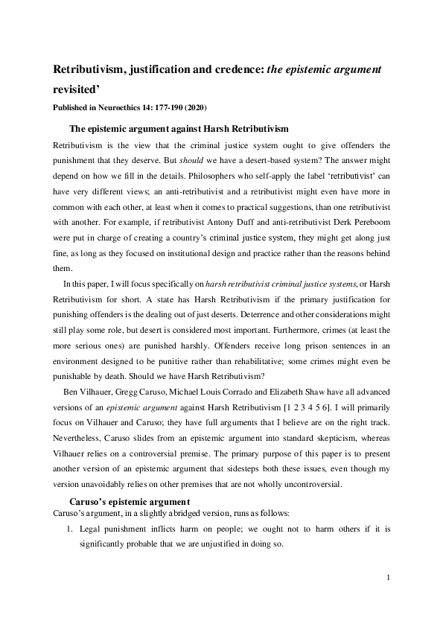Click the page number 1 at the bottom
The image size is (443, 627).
389,577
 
